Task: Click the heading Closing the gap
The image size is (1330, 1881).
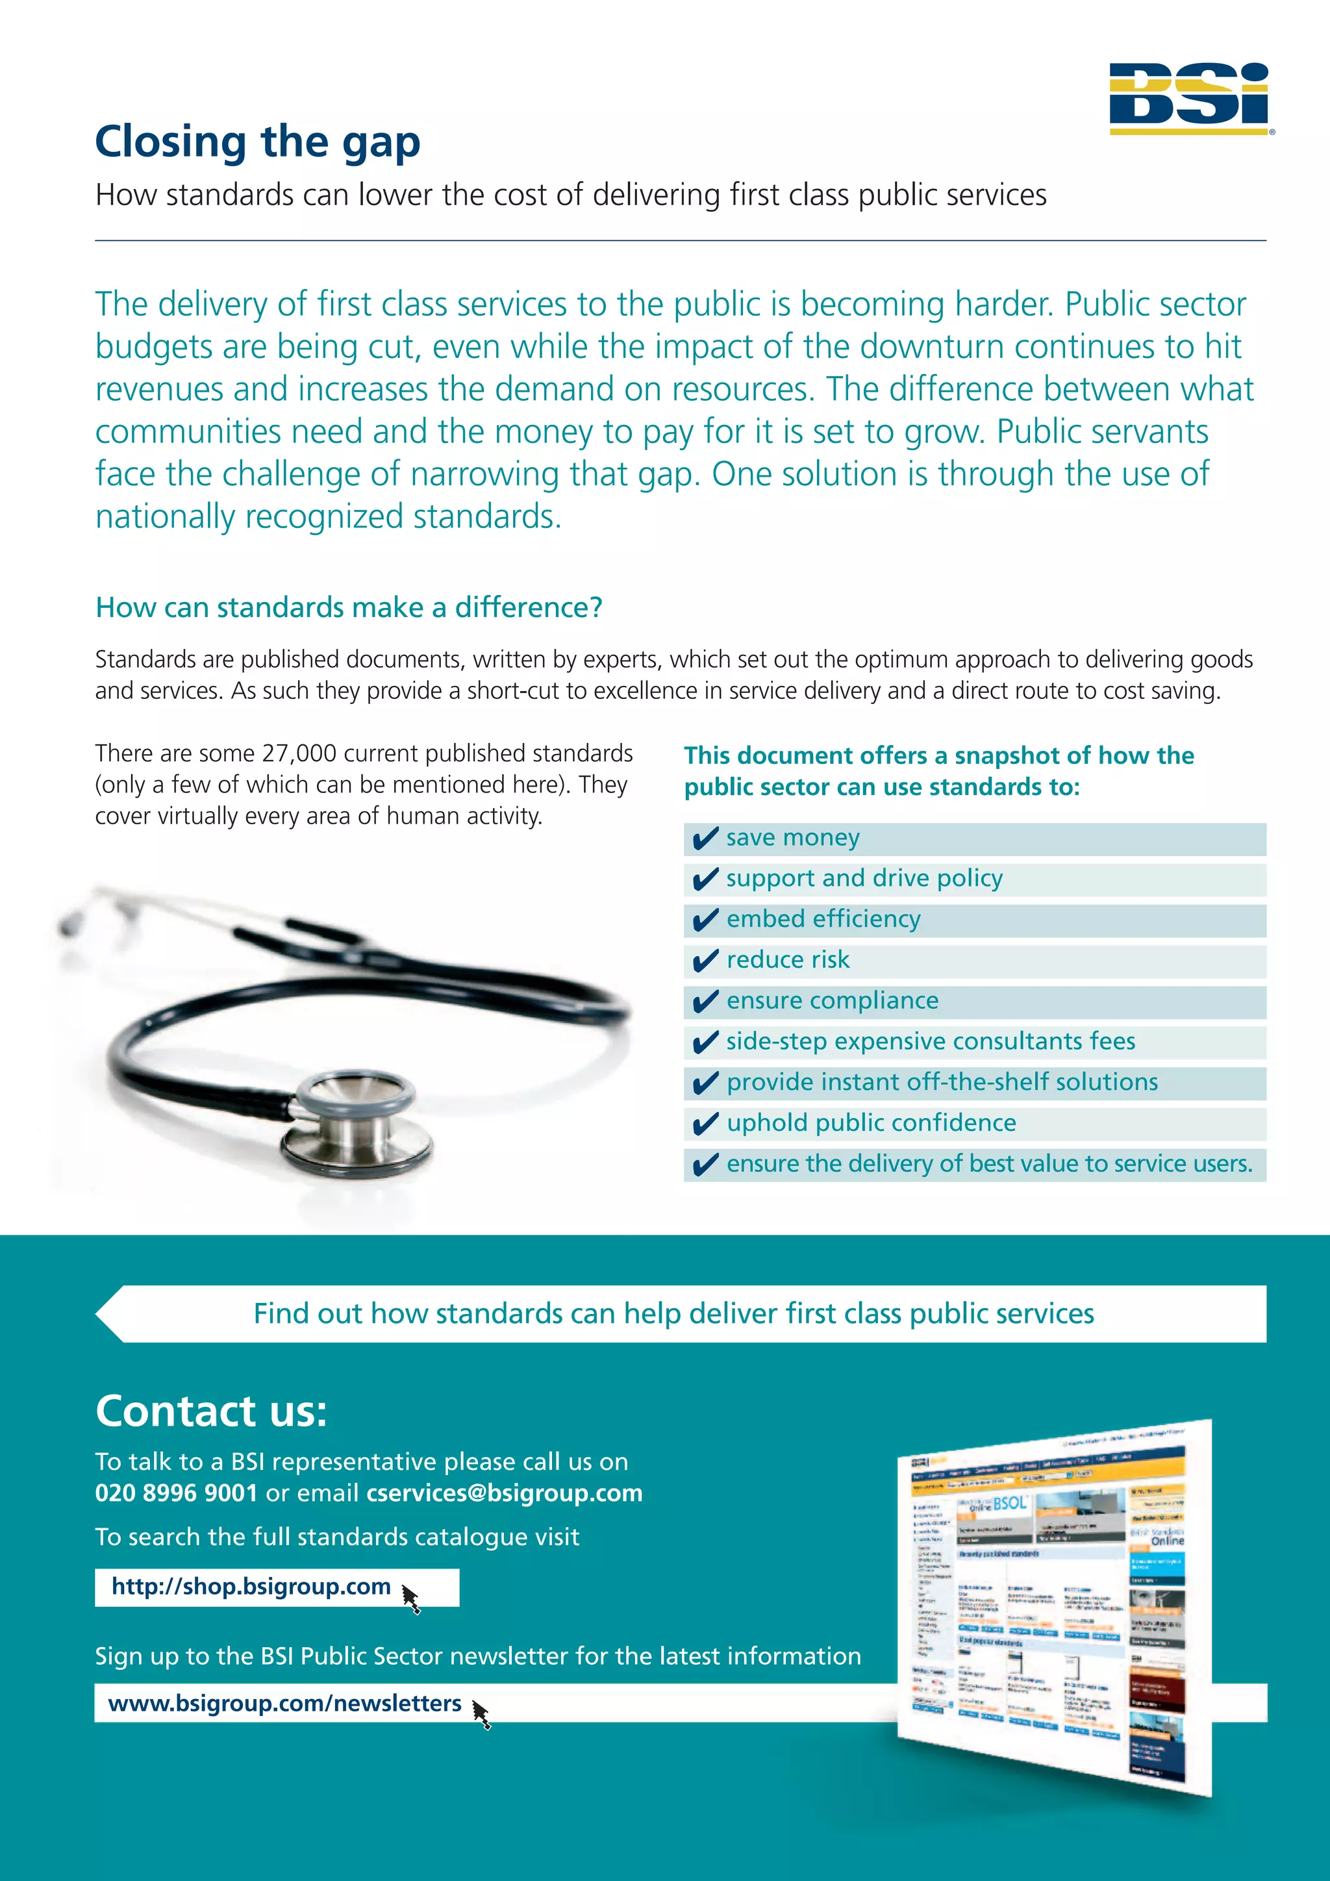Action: point(258,142)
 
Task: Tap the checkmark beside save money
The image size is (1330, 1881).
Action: point(705,839)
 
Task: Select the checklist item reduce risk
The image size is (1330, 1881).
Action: point(787,959)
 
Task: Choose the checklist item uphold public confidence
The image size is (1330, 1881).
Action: point(871,1122)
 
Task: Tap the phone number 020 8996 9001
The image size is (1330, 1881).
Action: point(176,1493)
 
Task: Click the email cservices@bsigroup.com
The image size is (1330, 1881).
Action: point(504,1493)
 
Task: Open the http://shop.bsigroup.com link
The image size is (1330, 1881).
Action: point(251,1586)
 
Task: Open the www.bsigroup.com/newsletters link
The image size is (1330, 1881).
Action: point(284,1703)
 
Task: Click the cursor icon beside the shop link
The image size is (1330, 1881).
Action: point(411,1598)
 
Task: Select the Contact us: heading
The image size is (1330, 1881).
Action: point(211,1411)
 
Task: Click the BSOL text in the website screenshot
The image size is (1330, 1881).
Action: point(1009,1502)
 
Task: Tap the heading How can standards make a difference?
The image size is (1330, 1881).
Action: point(349,607)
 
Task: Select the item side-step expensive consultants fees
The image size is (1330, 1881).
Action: point(931,1041)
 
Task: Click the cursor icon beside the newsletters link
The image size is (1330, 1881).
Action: point(482,1714)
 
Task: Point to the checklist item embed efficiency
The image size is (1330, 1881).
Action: point(823,919)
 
